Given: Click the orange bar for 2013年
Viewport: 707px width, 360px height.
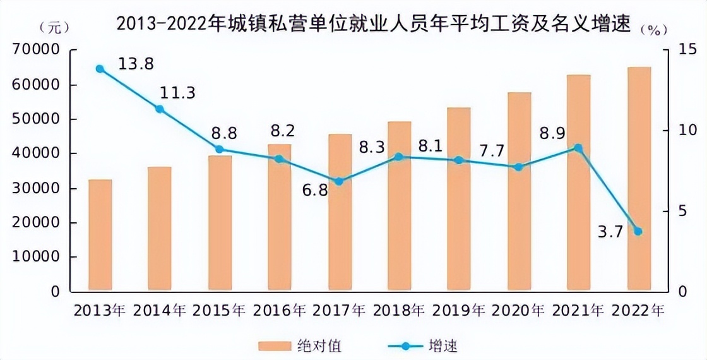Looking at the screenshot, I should tap(100, 236).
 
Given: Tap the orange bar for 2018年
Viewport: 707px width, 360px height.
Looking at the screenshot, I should tap(399, 207).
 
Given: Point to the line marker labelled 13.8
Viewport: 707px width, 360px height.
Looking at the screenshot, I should tap(100, 69).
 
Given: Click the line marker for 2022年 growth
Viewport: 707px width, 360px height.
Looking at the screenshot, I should tap(638, 231).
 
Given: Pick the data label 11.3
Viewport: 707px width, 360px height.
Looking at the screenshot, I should tap(177, 93).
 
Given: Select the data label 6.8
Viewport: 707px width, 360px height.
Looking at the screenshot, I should tap(314, 189).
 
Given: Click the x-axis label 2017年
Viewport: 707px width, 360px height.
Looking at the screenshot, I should tap(339, 311).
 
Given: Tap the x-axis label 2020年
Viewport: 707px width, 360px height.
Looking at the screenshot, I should tap(518, 311).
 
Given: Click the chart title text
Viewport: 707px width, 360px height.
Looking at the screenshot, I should tap(373, 25).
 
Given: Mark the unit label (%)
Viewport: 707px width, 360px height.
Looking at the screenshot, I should tap(653, 30).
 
